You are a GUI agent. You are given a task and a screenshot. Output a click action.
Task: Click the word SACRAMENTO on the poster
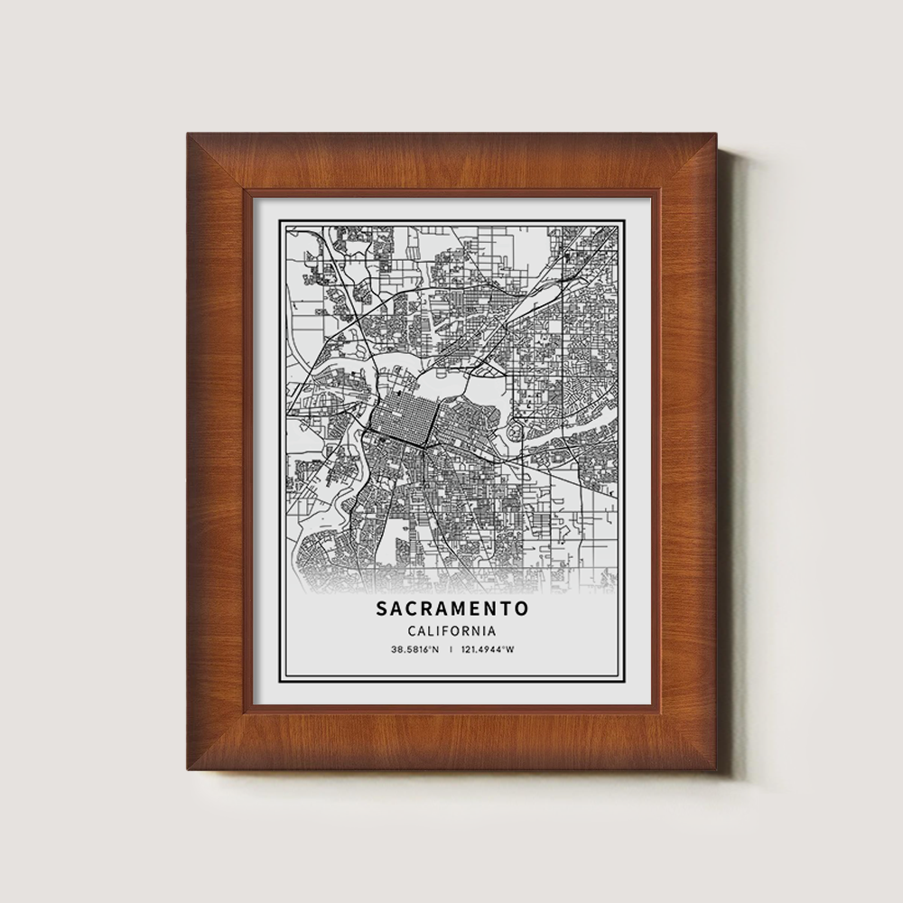point(452,610)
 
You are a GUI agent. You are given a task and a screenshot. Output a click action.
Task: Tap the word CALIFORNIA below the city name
point(452,631)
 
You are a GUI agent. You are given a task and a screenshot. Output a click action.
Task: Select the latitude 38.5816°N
point(415,650)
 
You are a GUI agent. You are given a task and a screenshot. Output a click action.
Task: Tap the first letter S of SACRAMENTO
point(383,610)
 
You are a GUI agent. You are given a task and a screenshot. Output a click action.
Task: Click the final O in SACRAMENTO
point(523,610)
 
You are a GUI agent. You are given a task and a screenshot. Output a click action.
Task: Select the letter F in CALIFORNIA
point(447,631)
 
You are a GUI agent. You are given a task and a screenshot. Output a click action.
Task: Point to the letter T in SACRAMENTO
point(507,610)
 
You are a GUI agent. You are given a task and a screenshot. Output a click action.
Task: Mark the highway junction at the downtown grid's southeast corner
point(426,447)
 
